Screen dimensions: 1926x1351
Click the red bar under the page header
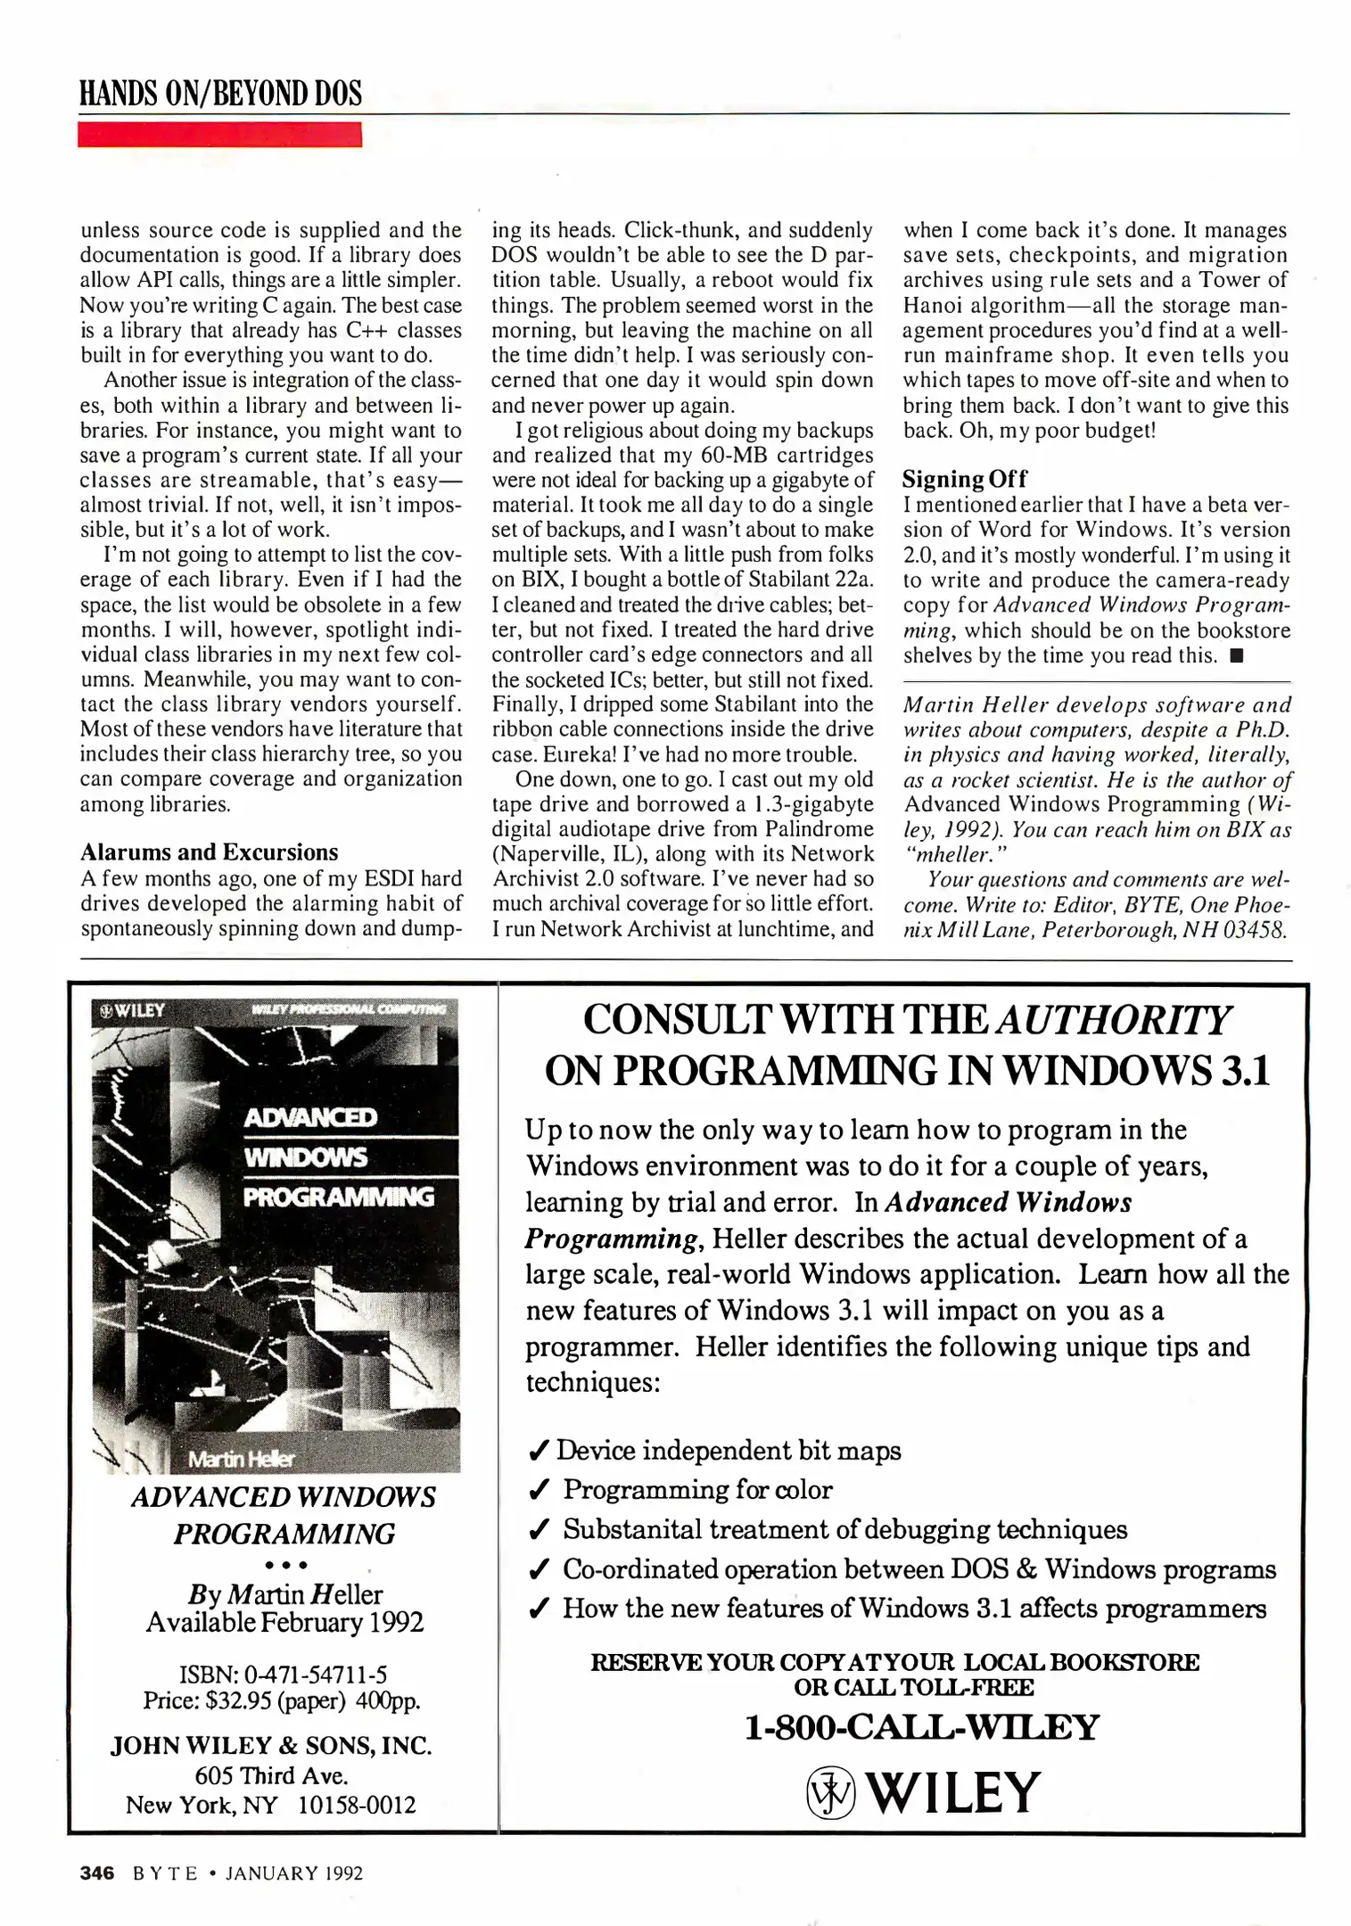(x=219, y=135)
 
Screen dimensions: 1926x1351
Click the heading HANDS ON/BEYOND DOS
(x=220, y=94)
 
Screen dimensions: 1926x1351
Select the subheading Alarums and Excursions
(x=209, y=852)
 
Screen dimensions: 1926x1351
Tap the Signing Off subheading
(x=964, y=479)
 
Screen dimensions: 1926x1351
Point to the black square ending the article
(x=1236, y=657)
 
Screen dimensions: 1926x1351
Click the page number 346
(x=97, y=1872)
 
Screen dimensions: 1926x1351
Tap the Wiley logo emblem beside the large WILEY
(x=829, y=1794)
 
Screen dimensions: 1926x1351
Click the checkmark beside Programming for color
(x=538, y=1490)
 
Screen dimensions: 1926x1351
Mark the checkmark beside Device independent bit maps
(x=538, y=1452)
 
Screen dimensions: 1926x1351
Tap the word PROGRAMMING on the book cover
(x=338, y=1197)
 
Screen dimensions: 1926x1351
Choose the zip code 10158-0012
(x=356, y=1805)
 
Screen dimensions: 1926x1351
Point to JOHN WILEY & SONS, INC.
(x=271, y=1745)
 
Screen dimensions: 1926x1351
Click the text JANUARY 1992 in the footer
(x=293, y=1873)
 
